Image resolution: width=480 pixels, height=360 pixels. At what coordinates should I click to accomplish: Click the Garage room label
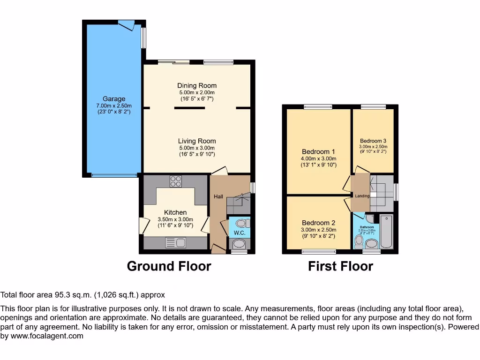tap(114, 99)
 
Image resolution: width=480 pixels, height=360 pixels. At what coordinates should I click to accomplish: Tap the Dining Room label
tap(197, 85)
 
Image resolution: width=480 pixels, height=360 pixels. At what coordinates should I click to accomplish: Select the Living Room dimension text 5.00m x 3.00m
tap(197, 148)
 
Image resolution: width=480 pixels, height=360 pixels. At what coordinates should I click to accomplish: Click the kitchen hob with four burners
tap(176, 181)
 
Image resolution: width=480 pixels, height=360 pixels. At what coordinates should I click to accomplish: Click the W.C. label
tap(240, 232)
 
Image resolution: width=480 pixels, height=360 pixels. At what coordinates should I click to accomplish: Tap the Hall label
tap(218, 196)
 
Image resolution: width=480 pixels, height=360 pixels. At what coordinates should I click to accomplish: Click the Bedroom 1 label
tap(318, 152)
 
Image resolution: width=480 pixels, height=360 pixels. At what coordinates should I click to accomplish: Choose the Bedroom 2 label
tap(318, 223)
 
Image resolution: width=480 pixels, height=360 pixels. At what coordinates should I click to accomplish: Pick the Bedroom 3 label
tap(373, 141)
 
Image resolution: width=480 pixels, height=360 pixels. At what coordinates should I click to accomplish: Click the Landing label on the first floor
tap(362, 196)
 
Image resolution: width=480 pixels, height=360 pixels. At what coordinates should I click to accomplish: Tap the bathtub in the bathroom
tap(387, 232)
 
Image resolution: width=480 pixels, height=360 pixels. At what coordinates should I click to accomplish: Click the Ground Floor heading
tap(169, 266)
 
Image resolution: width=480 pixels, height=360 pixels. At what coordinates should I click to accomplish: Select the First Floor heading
tap(340, 266)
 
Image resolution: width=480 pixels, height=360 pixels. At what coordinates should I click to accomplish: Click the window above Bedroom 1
tap(318, 107)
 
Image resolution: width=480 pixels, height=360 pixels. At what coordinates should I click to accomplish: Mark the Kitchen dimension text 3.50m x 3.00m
tap(175, 219)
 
